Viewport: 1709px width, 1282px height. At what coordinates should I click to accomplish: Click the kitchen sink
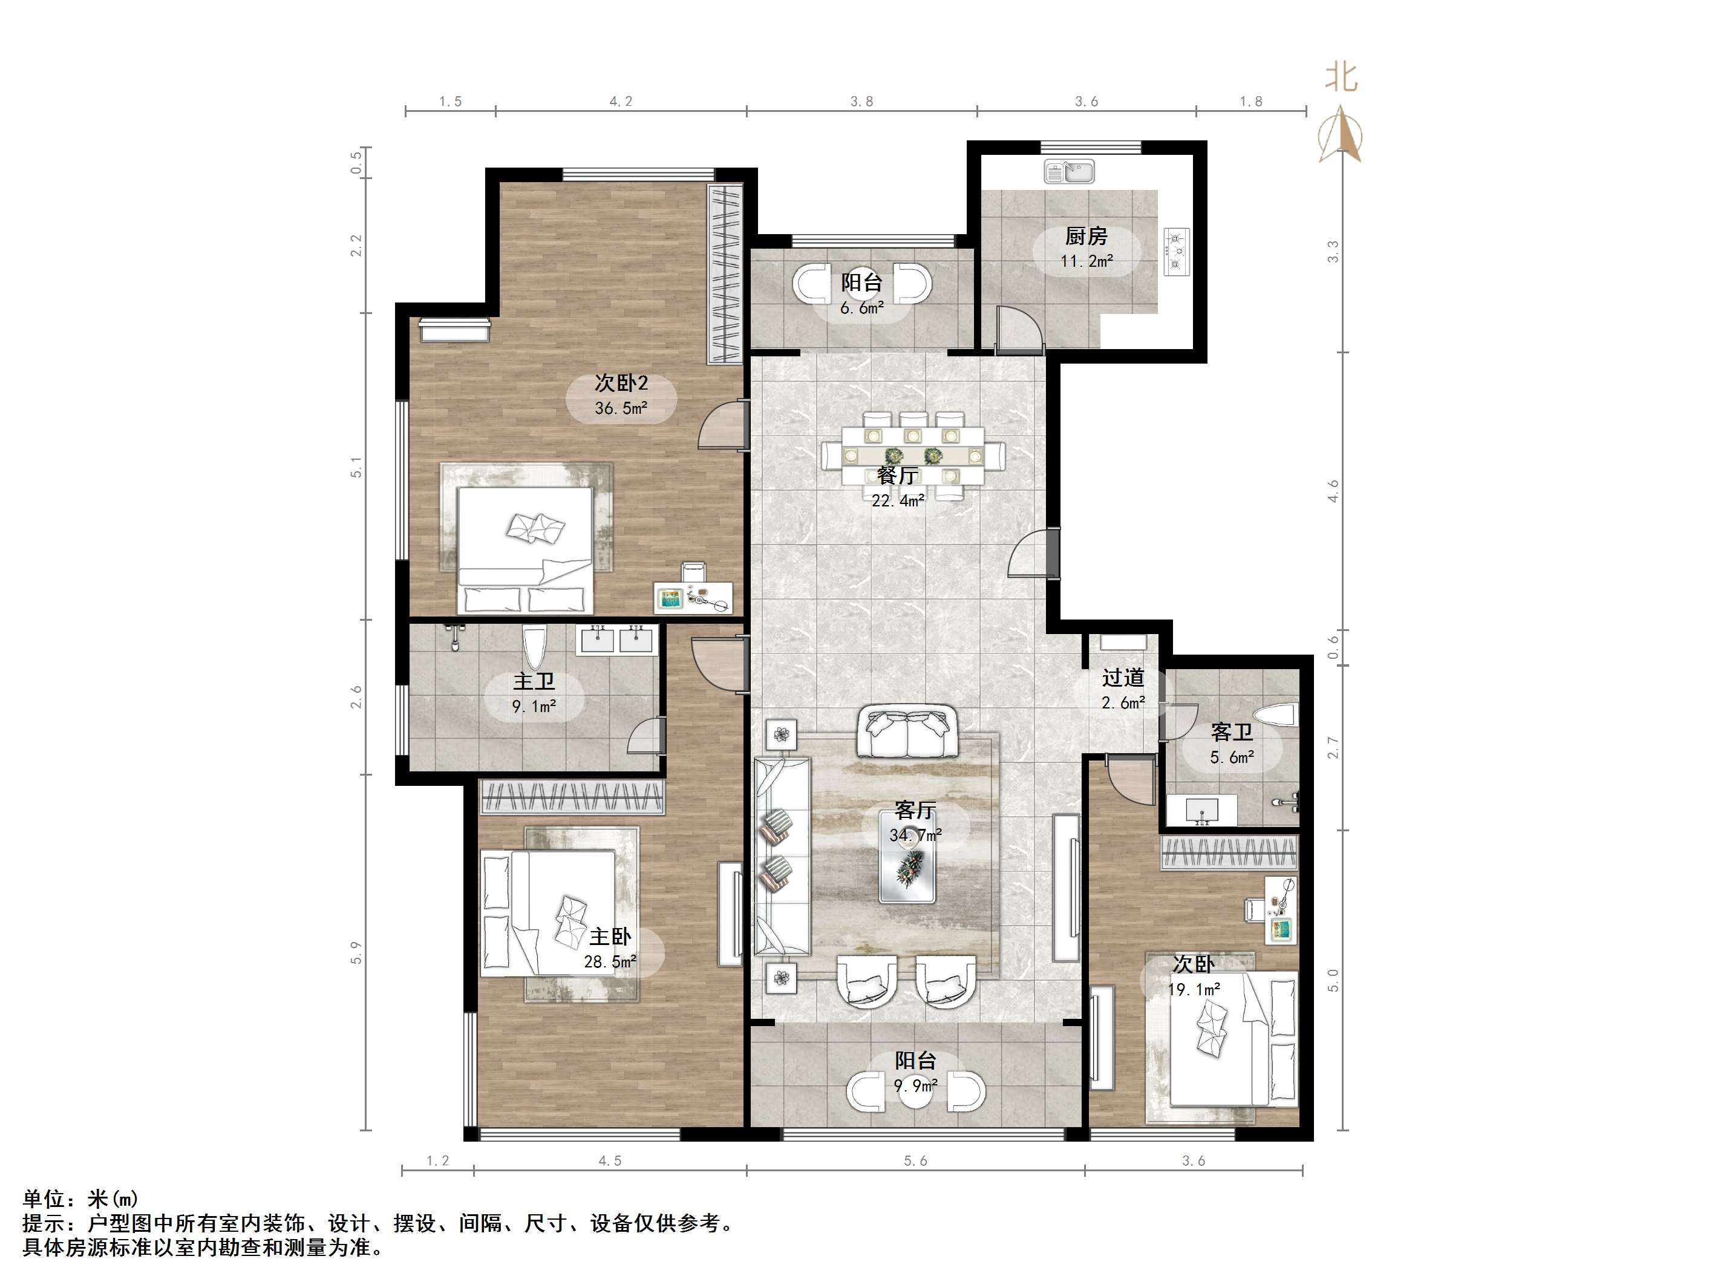pos(1070,172)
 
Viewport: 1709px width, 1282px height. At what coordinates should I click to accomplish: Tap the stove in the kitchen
pos(1177,252)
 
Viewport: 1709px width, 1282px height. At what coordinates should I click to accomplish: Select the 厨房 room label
pos(1087,237)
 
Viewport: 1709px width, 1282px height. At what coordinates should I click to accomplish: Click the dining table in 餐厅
pos(912,455)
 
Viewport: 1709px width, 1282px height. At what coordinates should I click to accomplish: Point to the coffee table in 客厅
pos(908,866)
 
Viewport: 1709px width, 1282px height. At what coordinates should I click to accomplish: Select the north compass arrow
pos(1341,136)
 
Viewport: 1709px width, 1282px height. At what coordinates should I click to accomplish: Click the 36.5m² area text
pos(621,408)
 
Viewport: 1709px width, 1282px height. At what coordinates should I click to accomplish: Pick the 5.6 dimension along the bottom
pos(915,1160)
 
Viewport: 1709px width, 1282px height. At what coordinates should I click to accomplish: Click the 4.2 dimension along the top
pos(621,101)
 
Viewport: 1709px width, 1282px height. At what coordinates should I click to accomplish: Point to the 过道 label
pos(1123,678)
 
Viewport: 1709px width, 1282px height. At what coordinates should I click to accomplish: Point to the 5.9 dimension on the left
pos(356,953)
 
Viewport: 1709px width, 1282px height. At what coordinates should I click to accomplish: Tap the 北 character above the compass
pos(1341,77)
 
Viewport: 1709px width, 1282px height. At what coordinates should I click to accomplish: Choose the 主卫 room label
pos(534,682)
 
